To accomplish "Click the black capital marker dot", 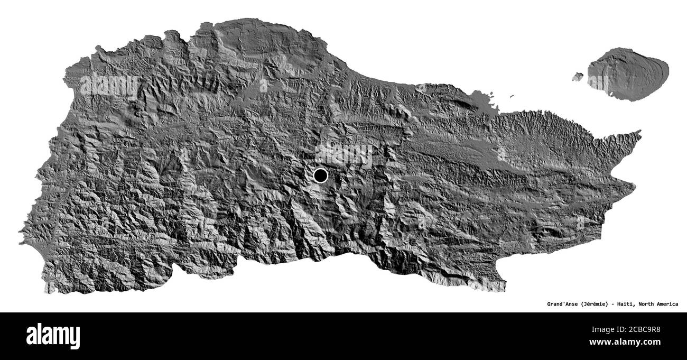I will coord(320,175).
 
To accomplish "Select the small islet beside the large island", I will coord(578,77).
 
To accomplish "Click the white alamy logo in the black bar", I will coord(53,336).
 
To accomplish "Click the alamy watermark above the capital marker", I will coord(346,154).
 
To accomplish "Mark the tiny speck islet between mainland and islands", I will coord(512,96).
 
